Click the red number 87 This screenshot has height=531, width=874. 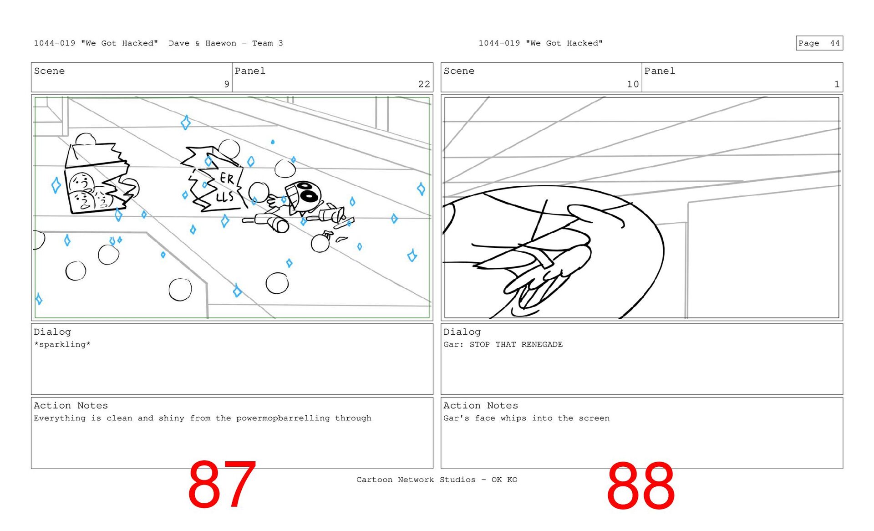(x=222, y=484)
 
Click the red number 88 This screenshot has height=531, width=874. (x=640, y=485)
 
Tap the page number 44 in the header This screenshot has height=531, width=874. (x=834, y=43)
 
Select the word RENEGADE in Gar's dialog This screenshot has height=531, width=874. (x=542, y=344)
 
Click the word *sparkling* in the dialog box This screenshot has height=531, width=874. (x=62, y=344)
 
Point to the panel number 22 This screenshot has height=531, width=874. (x=424, y=84)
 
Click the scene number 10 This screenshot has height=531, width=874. (x=633, y=84)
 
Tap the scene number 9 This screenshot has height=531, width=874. (x=227, y=84)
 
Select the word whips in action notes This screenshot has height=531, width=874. (x=513, y=418)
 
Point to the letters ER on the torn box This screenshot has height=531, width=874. (x=227, y=178)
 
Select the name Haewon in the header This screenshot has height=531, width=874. (x=221, y=43)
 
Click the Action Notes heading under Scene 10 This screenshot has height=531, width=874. (x=481, y=405)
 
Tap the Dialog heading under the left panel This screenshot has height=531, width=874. (x=52, y=332)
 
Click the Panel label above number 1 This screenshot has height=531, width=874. (x=660, y=71)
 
